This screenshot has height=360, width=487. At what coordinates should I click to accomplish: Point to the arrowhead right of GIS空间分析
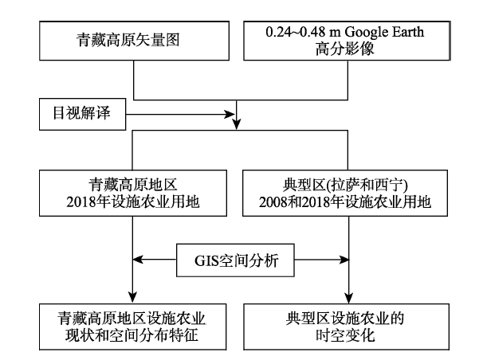point(344,259)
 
